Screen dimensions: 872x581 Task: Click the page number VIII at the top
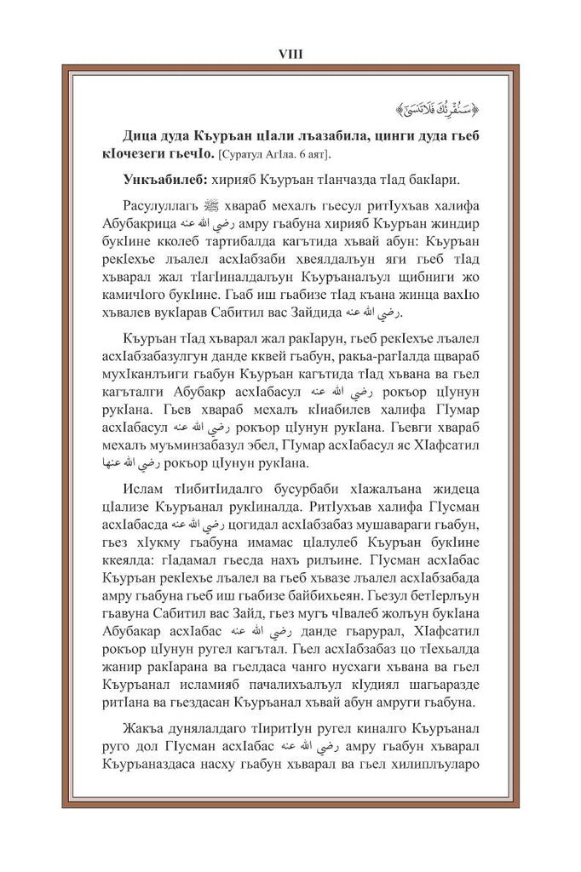pyautogui.click(x=290, y=53)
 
